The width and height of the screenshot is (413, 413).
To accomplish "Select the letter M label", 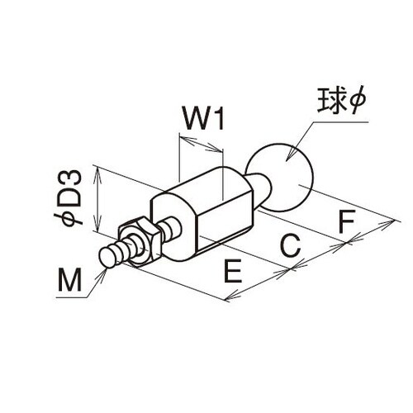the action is [x=69, y=279].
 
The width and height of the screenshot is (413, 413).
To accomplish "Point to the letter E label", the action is [x=233, y=271].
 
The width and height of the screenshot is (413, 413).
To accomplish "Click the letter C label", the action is [x=290, y=244].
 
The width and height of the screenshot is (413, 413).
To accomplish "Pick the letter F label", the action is [x=346, y=221].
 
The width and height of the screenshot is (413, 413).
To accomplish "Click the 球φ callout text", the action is [x=341, y=101].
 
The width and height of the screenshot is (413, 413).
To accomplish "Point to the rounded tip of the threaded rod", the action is [x=107, y=257].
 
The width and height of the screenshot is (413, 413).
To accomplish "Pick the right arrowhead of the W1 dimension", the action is [x=214, y=148].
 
